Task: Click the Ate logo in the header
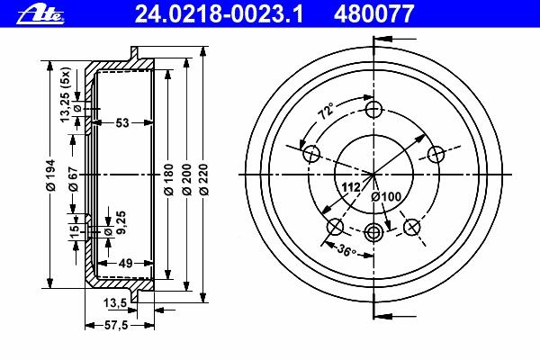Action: click(40, 14)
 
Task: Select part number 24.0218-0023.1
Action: click(219, 14)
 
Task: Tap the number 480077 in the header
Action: click(373, 14)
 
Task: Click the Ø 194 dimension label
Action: click(50, 175)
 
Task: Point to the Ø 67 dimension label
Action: click(74, 179)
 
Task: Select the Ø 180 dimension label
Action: click(168, 180)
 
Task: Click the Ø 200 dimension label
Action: click(186, 180)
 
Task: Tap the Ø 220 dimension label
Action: click(204, 180)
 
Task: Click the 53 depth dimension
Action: click(122, 122)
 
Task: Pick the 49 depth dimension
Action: click(125, 264)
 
